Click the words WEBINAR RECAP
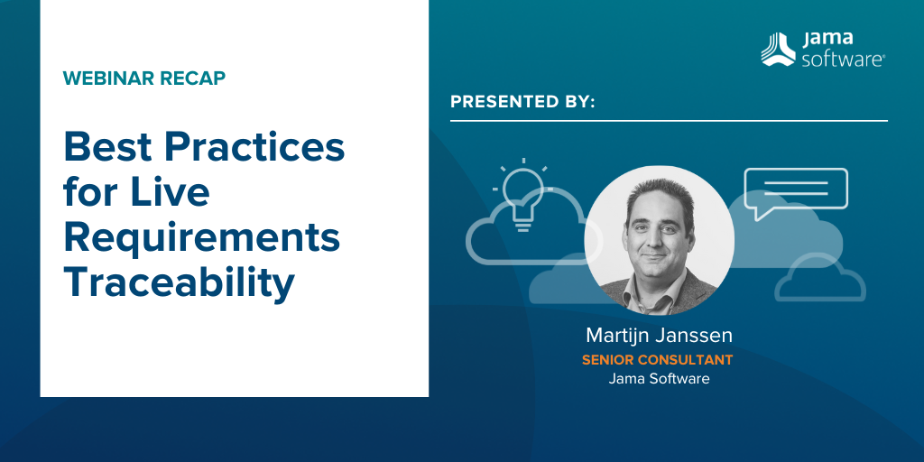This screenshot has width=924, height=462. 144,79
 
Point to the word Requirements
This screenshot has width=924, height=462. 202,237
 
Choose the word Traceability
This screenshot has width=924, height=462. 180,283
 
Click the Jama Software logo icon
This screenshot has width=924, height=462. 778,50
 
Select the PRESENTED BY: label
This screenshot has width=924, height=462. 522,101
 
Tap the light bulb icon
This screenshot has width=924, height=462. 522,195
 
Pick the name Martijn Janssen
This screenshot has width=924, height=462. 659,336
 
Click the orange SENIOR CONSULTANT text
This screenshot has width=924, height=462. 658,359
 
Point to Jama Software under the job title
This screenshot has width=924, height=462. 659,378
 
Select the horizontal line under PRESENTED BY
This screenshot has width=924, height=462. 669,121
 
